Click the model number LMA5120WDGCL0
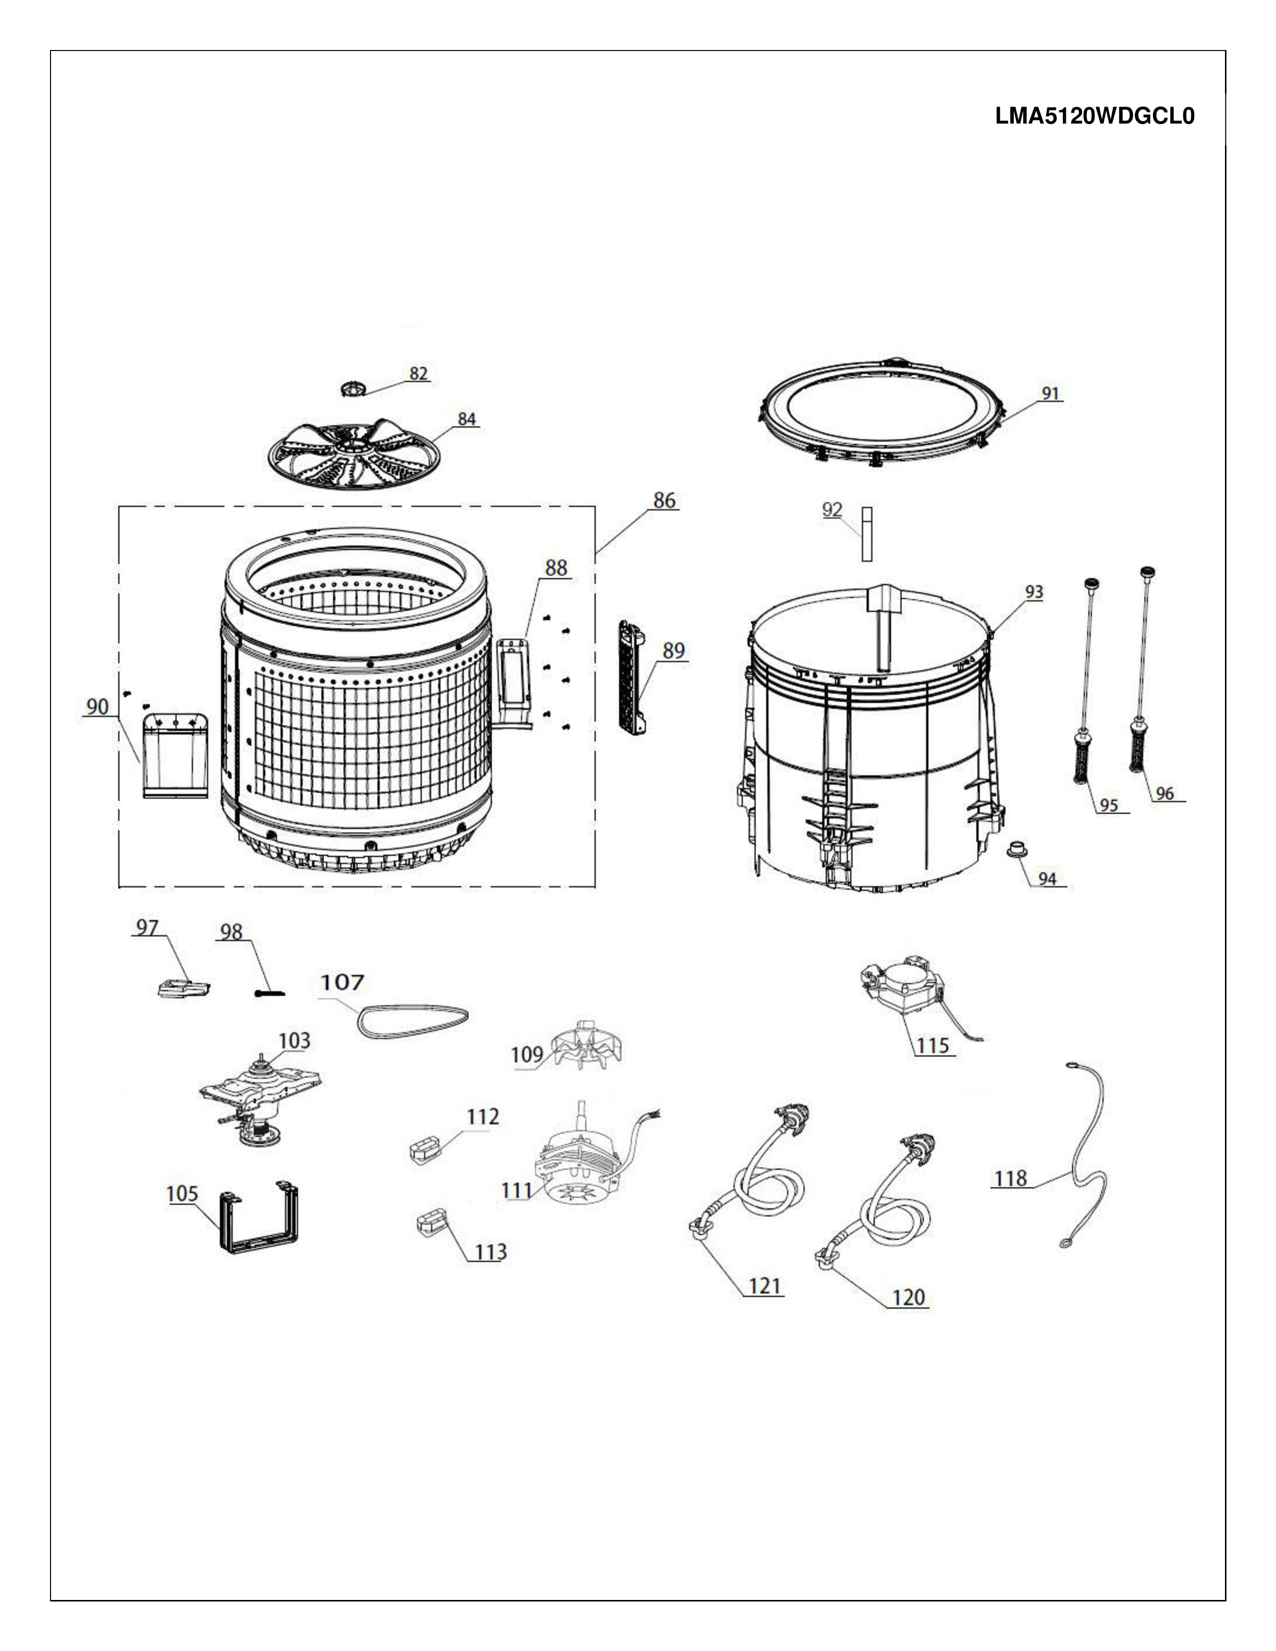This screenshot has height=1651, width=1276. coord(1094,117)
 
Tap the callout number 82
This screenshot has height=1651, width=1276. coord(419,373)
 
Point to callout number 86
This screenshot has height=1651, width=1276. coord(665,500)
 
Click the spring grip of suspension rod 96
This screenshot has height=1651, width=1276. coord(1138,747)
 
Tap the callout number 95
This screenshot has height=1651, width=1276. coord(1109,805)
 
